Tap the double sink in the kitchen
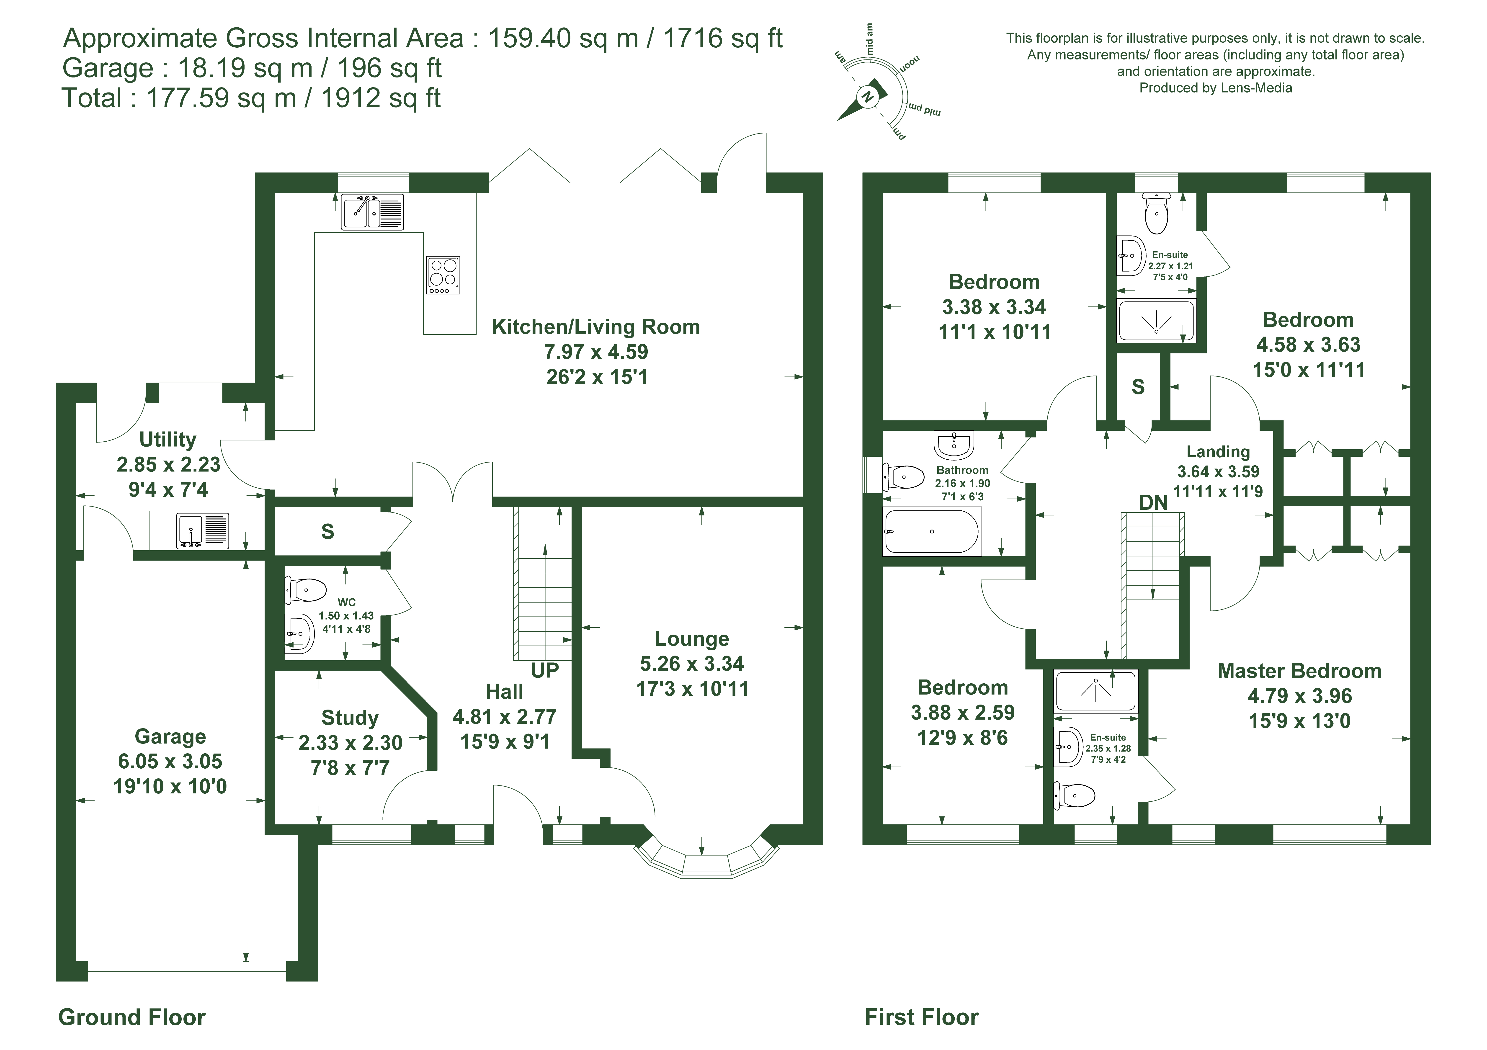[372, 212]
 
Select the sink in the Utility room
[203, 530]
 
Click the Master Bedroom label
[1299, 671]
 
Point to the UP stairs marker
[545, 670]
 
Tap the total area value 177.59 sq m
[222, 98]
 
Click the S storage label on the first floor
[1138, 387]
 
